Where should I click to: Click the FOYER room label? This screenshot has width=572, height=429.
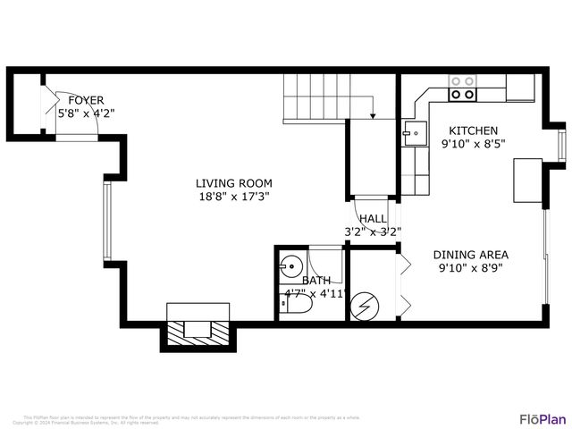[x=86, y=101]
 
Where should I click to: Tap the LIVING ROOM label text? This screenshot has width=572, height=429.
[x=233, y=184]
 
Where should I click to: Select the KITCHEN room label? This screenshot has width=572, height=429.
[x=473, y=130]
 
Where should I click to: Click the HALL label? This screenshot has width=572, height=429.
[x=373, y=219]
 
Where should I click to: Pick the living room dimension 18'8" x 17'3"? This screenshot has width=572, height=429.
[x=233, y=198]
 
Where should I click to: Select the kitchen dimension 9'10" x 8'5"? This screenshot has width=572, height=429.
[x=473, y=144]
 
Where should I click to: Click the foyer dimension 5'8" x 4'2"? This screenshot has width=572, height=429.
[x=86, y=114]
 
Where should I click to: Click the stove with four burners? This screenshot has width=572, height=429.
[x=463, y=87]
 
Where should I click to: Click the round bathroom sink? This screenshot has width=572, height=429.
[x=289, y=267]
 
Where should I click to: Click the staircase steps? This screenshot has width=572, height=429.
[x=315, y=97]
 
